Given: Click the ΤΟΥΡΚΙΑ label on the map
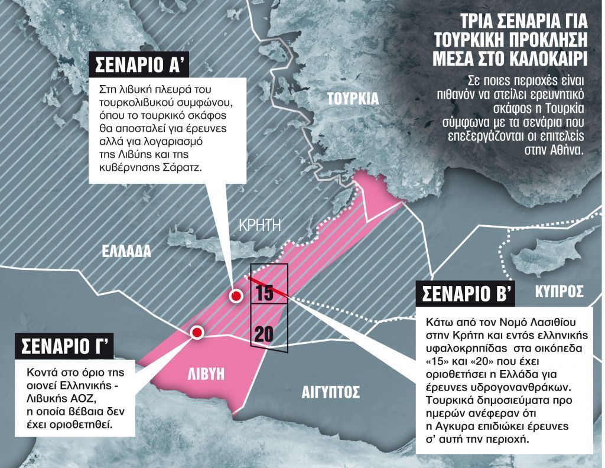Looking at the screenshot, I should pyautogui.click(x=353, y=99).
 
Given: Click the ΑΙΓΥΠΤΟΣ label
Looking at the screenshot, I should pyautogui.click(x=330, y=392).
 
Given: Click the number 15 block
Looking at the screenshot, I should pyautogui.click(x=265, y=293).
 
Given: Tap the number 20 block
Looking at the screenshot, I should pyautogui.click(x=264, y=334).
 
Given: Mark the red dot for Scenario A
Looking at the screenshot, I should pyautogui.click(x=236, y=296).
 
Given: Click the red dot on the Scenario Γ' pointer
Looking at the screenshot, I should pyautogui.click(x=197, y=333).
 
